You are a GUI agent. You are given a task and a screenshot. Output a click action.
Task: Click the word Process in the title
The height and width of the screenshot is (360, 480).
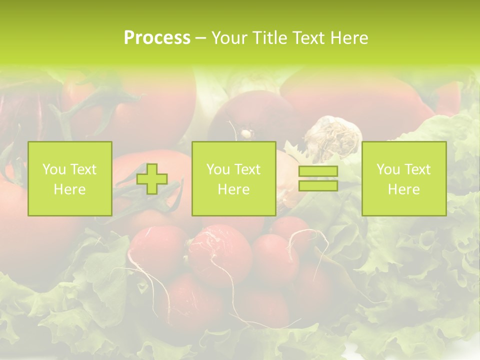(157, 38)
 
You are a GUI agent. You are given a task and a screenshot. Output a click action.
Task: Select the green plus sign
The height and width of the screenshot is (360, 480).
(152, 179)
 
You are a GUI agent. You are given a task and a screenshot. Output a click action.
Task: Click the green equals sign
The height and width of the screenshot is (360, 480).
(318, 178)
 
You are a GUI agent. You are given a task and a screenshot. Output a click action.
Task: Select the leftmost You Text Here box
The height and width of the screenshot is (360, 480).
(70, 179)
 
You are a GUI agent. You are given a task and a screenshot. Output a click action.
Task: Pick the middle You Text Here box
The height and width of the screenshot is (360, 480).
(233, 179)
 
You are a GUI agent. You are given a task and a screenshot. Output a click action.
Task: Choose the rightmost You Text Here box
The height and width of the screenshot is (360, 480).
(404, 179)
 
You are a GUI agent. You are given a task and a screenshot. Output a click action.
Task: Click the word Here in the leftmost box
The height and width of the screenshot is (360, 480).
(70, 189)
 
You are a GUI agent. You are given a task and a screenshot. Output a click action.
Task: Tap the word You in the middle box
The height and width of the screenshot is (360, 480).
(218, 169)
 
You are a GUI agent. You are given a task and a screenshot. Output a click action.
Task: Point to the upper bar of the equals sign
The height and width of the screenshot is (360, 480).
(318, 171)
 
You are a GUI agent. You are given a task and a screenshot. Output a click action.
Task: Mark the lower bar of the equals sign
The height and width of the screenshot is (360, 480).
(318, 185)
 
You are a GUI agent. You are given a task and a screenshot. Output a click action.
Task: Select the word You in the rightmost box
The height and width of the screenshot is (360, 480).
(388, 169)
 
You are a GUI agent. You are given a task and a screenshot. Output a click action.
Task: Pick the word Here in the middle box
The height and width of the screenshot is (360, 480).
(233, 189)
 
